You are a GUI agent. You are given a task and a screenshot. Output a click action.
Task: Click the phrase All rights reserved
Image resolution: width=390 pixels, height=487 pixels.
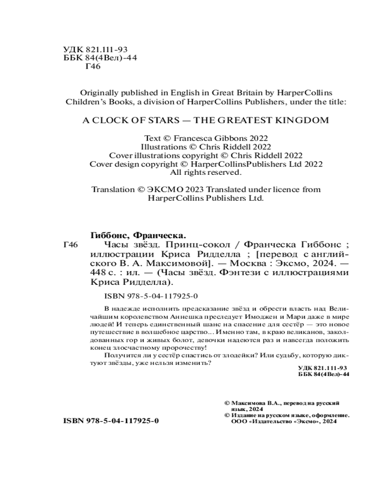205,172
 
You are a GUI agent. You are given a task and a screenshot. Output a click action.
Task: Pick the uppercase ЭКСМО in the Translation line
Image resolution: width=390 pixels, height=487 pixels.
163,190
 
